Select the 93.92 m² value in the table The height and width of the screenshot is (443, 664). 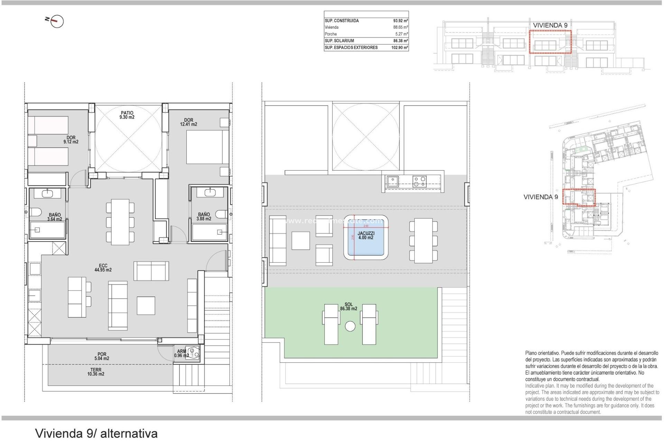coord(400,21)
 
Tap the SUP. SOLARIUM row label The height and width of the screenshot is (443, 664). coord(339,41)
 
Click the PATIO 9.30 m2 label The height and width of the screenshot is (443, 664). coord(127,115)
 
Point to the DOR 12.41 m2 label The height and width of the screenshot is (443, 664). coord(188,122)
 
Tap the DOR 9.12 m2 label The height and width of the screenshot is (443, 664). coord(71,140)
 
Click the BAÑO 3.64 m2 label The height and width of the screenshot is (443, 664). coord(55,217)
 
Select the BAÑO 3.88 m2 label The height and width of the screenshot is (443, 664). coord(204,217)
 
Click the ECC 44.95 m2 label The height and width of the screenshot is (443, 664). coord(103,268)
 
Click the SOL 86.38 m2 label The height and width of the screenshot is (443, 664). coord(348,307)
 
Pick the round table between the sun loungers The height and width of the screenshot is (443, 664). coord(350,326)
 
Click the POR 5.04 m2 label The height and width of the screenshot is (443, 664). coord(102,356)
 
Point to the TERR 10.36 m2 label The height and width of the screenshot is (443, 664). coord(96,372)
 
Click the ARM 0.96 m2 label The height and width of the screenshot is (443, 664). coord(181,353)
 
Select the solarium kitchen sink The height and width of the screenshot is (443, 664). coord(393,181)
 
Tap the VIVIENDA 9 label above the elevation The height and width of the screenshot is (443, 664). coord(550,25)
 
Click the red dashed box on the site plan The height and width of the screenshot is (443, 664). coord(579,197)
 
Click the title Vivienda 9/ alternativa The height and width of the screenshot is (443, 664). coord(96,433)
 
